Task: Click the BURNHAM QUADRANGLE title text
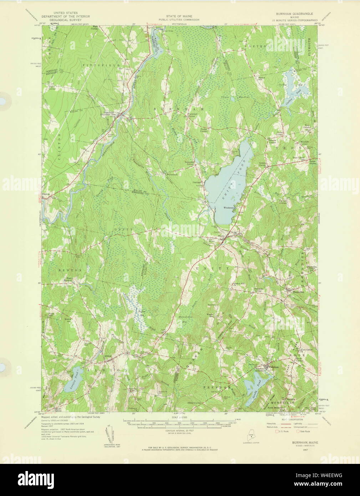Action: (294, 13)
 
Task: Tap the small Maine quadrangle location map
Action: (247, 436)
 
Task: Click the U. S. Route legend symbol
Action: (277, 431)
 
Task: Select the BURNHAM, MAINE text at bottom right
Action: (303, 442)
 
